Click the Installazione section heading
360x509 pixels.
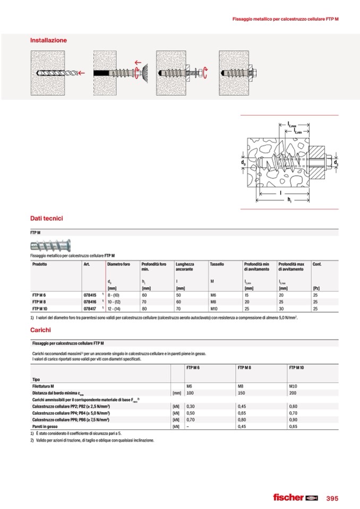click(48, 40)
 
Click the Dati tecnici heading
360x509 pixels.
click(47, 218)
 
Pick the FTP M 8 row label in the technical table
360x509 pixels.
click(40, 301)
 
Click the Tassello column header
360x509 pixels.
click(217, 264)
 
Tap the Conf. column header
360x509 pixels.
click(317, 264)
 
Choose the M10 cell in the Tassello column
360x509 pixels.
click(214, 308)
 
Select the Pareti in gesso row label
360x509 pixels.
click(44, 426)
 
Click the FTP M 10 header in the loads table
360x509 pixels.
click(296, 367)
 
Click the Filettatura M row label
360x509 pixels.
click(45, 386)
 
